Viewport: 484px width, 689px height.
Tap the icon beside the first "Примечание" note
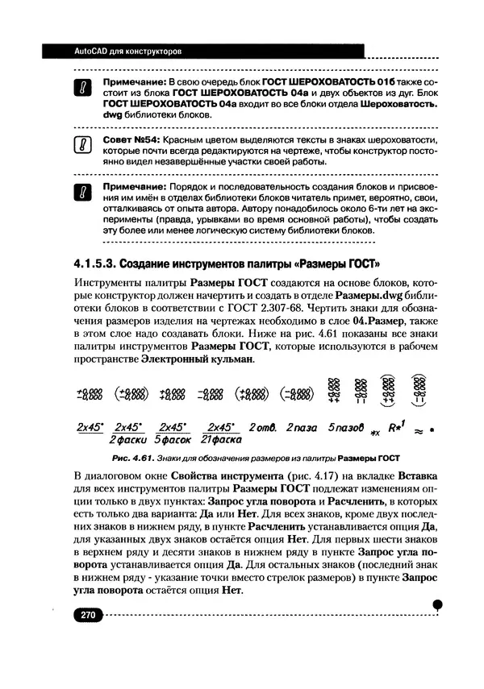tap(84, 89)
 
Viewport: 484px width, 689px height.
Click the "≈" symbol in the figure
tap(419, 430)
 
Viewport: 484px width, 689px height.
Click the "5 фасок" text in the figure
tap(171, 441)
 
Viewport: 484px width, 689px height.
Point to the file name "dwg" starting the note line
tap(111, 115)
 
